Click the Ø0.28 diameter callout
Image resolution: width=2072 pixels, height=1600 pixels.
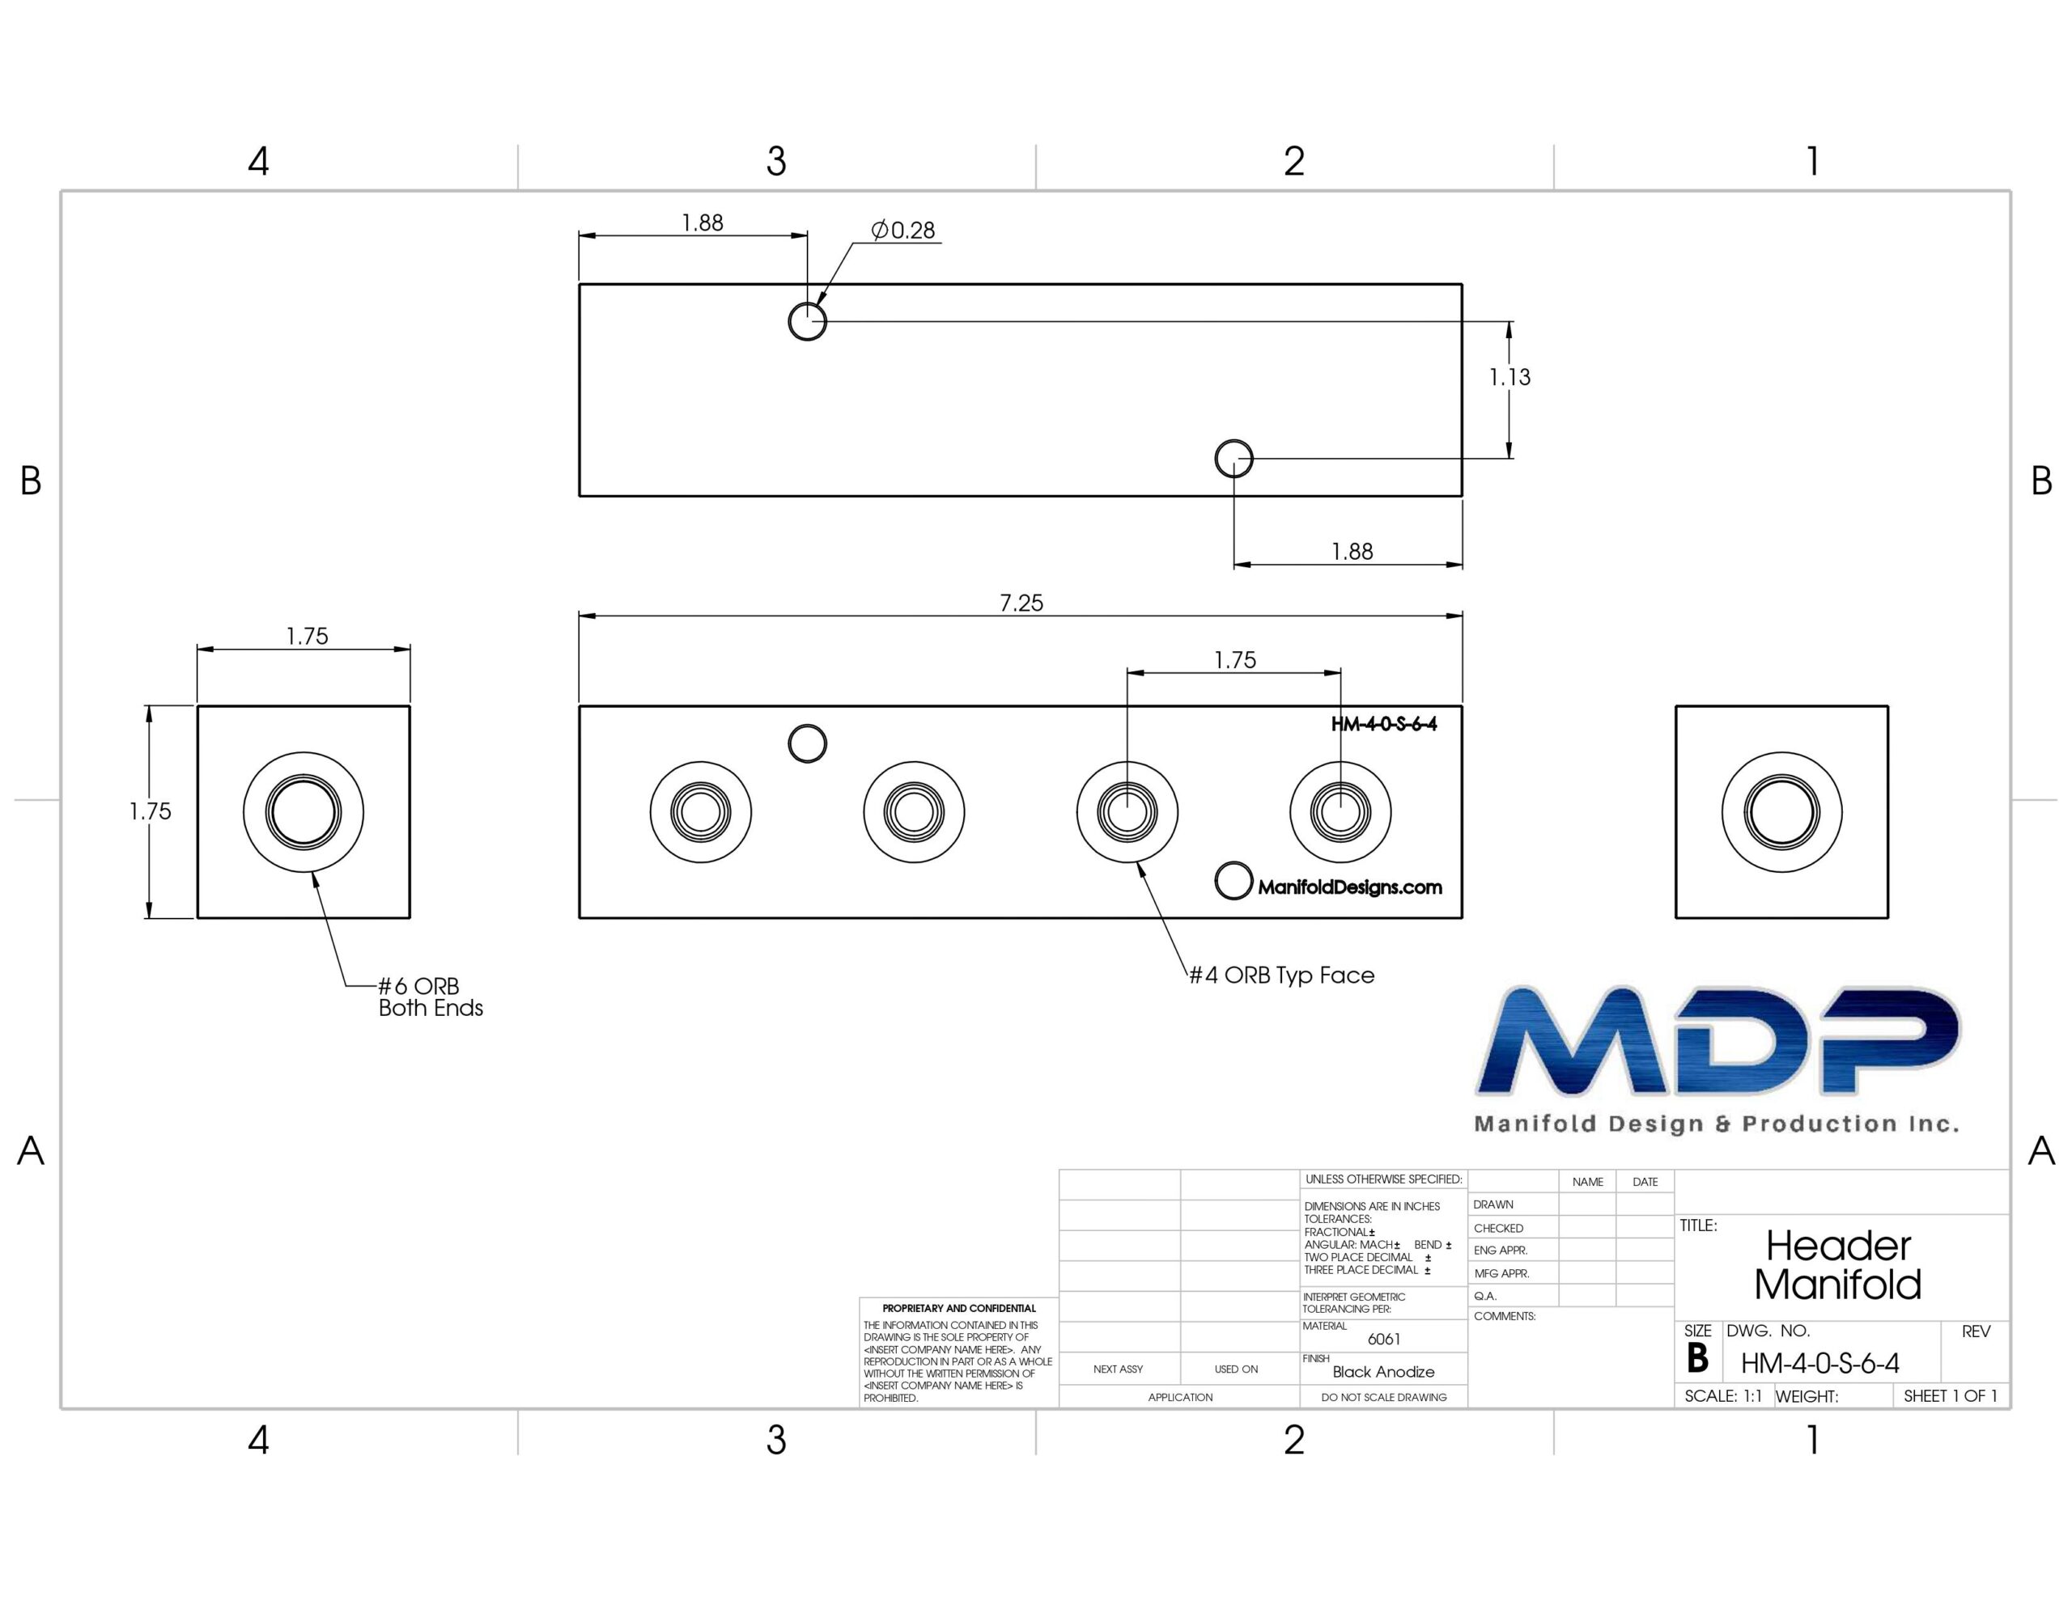pos(903,231)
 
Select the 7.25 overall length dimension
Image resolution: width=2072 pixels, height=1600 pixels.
pos(1021,603)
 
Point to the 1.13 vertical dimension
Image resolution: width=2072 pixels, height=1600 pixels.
pos(1509,378)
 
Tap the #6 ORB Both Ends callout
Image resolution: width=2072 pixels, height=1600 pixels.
pos(431,997)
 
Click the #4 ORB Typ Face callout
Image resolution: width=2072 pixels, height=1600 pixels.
pos(1282,975)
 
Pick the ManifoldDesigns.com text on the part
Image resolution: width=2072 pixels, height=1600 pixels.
pos(1350,887)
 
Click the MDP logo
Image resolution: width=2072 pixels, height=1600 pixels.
pos(1717,1057)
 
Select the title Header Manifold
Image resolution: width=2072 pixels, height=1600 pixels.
pos(1837,1265)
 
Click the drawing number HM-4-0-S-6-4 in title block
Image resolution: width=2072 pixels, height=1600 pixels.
pos(1819,1364)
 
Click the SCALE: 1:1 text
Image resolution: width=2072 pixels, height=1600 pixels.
pos(1723,1396)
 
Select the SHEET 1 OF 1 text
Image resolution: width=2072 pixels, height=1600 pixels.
pos(1951,1396)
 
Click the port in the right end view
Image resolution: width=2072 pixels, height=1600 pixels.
pos(1781,813)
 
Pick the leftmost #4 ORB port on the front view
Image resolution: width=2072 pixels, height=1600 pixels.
pos(701,813)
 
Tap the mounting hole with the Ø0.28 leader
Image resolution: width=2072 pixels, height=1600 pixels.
pos(808,321)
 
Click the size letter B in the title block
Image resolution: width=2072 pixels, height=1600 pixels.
pos(1697,1359)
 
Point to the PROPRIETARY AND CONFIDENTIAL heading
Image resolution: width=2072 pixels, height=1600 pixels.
pos(959,1309)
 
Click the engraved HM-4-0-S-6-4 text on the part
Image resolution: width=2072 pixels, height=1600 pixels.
pos(1383,725)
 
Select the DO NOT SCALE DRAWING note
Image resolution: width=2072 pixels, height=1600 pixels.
pos(1384,1397)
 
